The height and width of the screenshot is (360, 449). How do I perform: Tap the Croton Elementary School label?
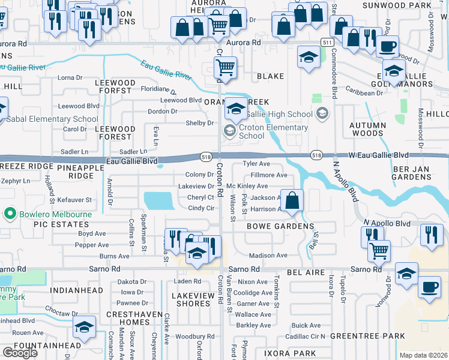273,131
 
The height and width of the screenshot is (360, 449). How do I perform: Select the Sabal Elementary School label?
52,119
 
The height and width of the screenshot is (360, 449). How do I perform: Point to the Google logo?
20,353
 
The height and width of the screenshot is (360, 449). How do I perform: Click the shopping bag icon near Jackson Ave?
292,200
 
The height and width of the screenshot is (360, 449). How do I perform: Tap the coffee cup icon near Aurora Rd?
388,45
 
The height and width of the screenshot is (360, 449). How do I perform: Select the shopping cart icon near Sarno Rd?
378,250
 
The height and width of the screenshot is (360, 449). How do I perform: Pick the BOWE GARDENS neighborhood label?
280,226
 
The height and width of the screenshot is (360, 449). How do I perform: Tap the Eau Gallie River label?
166,70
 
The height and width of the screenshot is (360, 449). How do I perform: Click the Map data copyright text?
424,355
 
